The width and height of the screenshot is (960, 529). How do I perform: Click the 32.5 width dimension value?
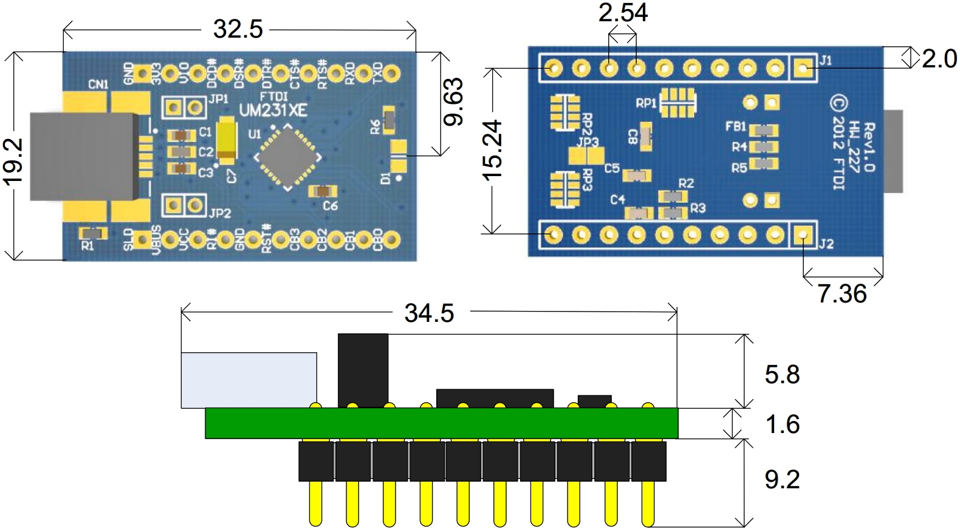click(x=238, y=29)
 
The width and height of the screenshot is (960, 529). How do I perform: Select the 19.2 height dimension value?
click(x=13, y=161)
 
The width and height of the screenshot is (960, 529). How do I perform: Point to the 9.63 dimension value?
click(x=453, y=101)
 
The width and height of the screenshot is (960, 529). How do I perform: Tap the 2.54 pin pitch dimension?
click(x=623, y=13)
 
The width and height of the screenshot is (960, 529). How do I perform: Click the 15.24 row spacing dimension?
click(x=493, y=150)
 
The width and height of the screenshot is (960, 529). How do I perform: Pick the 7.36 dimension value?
click(x=842, y=294)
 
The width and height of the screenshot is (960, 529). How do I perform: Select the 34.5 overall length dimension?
click(x=429, y=313)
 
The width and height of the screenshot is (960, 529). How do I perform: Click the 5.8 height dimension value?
click(x=782, y=374)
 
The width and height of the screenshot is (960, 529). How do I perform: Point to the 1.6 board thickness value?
click(x=783, y=424)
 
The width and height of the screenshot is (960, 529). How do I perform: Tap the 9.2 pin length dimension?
click(x=782, y=479)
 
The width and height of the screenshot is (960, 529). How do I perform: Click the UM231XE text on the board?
click(x=273, y=111)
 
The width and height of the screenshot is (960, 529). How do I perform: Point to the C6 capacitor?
click(x=322, y=192)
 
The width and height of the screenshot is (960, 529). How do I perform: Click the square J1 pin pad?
click(x=803, y=67)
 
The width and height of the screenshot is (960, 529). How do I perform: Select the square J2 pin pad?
click(x=803, y=234)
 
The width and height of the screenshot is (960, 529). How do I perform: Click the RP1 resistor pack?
click(x=677, y=103)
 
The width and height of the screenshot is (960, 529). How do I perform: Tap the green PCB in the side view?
click(x=441, y=423)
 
